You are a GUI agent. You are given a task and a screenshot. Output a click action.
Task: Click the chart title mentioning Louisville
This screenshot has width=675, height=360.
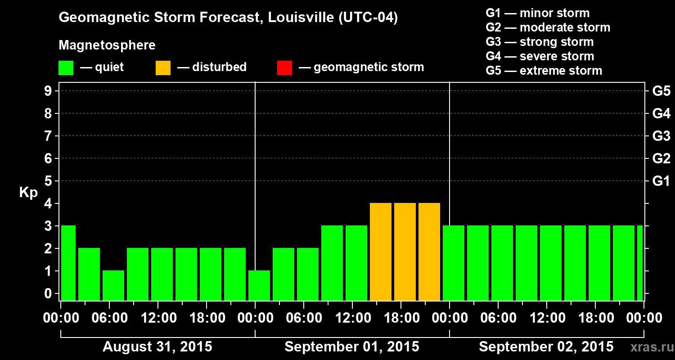pos(228,18)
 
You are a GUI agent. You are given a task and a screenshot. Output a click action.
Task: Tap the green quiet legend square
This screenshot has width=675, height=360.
pos(66,68)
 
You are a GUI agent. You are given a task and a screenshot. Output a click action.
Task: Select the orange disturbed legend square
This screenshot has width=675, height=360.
pos(163,68)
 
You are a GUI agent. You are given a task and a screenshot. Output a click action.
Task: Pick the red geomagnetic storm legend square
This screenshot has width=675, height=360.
pos(284,68)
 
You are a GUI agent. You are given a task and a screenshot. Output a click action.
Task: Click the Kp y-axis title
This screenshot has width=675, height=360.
pos(28,193)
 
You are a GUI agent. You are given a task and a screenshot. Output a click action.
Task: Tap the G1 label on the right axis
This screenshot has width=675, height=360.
pos(661,181)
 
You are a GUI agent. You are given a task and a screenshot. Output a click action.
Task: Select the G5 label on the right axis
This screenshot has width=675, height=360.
pos(661,91)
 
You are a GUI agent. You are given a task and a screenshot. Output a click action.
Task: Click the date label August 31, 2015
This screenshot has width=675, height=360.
pos(157,347)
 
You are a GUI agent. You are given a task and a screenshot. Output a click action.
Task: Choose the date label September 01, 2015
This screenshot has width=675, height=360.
pos(352,347)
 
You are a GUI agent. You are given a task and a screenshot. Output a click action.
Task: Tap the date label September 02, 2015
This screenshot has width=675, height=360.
pos(546,347)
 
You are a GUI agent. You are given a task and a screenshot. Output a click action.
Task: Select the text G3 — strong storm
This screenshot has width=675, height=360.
pos(540,42)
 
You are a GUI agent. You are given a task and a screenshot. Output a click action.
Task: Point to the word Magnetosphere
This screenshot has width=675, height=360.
pos(107,45)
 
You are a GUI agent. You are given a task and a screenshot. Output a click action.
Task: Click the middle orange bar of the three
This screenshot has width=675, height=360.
pos(405,252)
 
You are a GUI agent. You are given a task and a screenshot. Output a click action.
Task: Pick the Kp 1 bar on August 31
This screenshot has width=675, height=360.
pos(113,285)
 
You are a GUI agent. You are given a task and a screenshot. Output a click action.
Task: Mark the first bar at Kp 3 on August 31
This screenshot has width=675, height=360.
pos(68,263)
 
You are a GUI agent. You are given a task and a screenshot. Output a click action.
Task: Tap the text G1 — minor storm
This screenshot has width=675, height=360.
pos(537,13)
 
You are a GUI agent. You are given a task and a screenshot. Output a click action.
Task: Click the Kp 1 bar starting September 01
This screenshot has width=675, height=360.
pos(259,285)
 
